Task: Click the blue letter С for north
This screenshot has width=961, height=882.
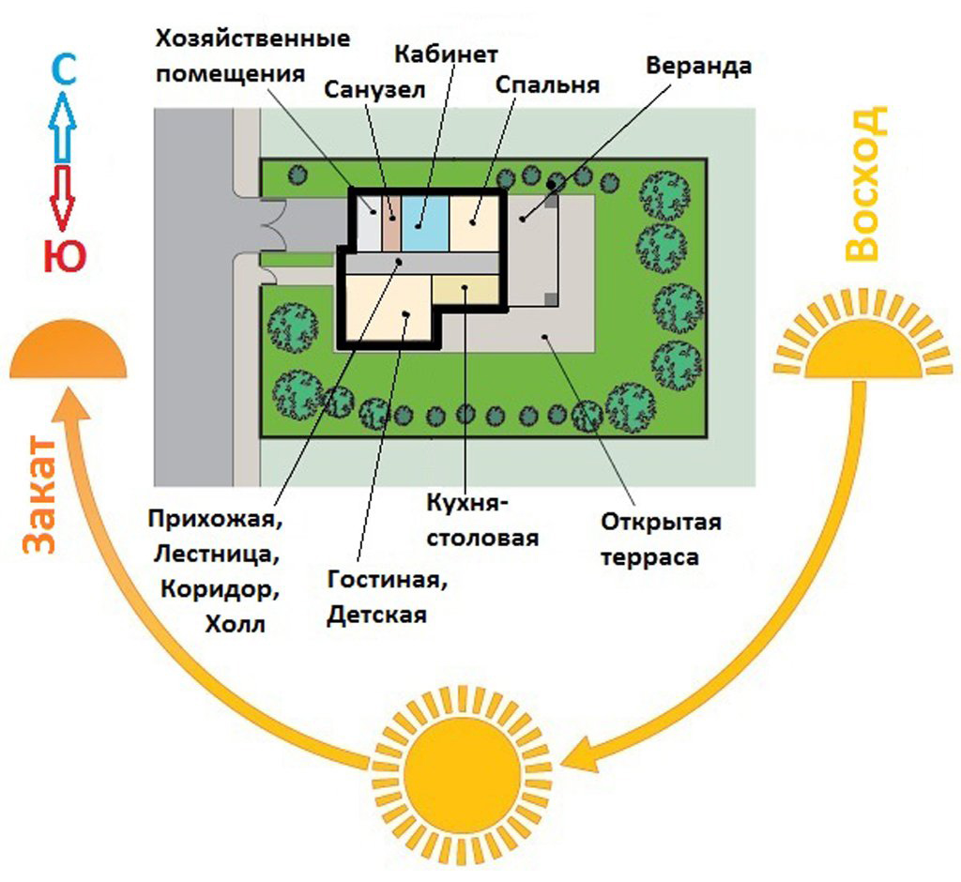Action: click(x=63, y=72)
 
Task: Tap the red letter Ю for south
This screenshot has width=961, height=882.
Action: click(x=63, y=256)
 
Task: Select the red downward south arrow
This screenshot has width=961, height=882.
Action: click(x=63, y=197)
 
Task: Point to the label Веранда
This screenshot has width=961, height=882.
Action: click(x=699, y=67)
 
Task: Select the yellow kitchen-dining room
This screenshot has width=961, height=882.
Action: click(x=466, y=289)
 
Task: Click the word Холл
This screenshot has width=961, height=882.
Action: click(x=235, y=624)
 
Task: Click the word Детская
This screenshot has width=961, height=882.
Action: click(x=376, y=616)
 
